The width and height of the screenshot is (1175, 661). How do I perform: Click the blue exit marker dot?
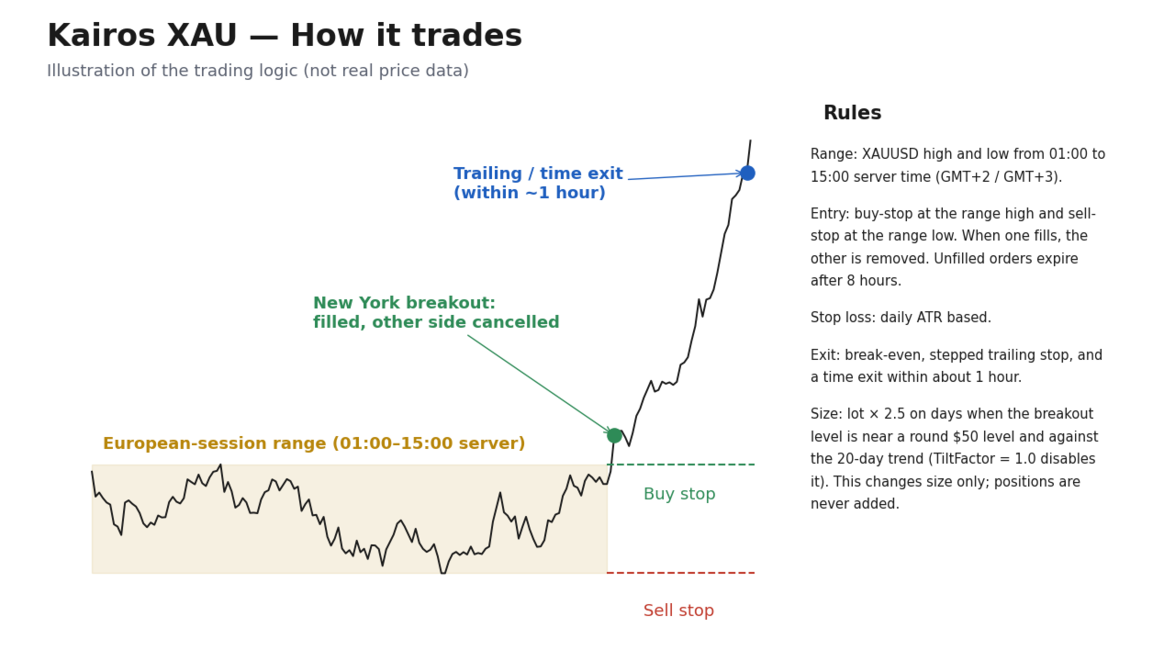pyautogui.click(x=747, y=174)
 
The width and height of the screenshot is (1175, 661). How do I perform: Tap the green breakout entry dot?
pyautogui.click(x=614, y=435)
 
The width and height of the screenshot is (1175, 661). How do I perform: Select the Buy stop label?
pyautogui.click(x=679, y=494)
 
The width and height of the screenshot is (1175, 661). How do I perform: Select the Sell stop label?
pyautogui.click(x=678, y=611)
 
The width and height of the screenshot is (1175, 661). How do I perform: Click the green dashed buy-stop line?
pyautogui.click(x=681, y=465)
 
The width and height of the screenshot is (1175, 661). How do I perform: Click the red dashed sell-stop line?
pyautogui.click(x=681, y=573)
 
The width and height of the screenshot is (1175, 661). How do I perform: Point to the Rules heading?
pyautogui.click(x=853, y=113)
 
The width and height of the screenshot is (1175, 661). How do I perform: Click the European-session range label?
pyautogui.click(x=314, y=443)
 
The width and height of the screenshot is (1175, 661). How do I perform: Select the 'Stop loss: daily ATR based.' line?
pyautogui.click(x=901, y=318)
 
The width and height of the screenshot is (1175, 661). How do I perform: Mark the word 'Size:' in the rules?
pyautogui.click(x=826, y=414)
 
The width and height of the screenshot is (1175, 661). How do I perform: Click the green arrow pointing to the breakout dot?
pyautogui.click(x=540, y=385)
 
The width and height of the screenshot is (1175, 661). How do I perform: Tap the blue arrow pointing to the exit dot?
pyautogui.click(x=686, y=176)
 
